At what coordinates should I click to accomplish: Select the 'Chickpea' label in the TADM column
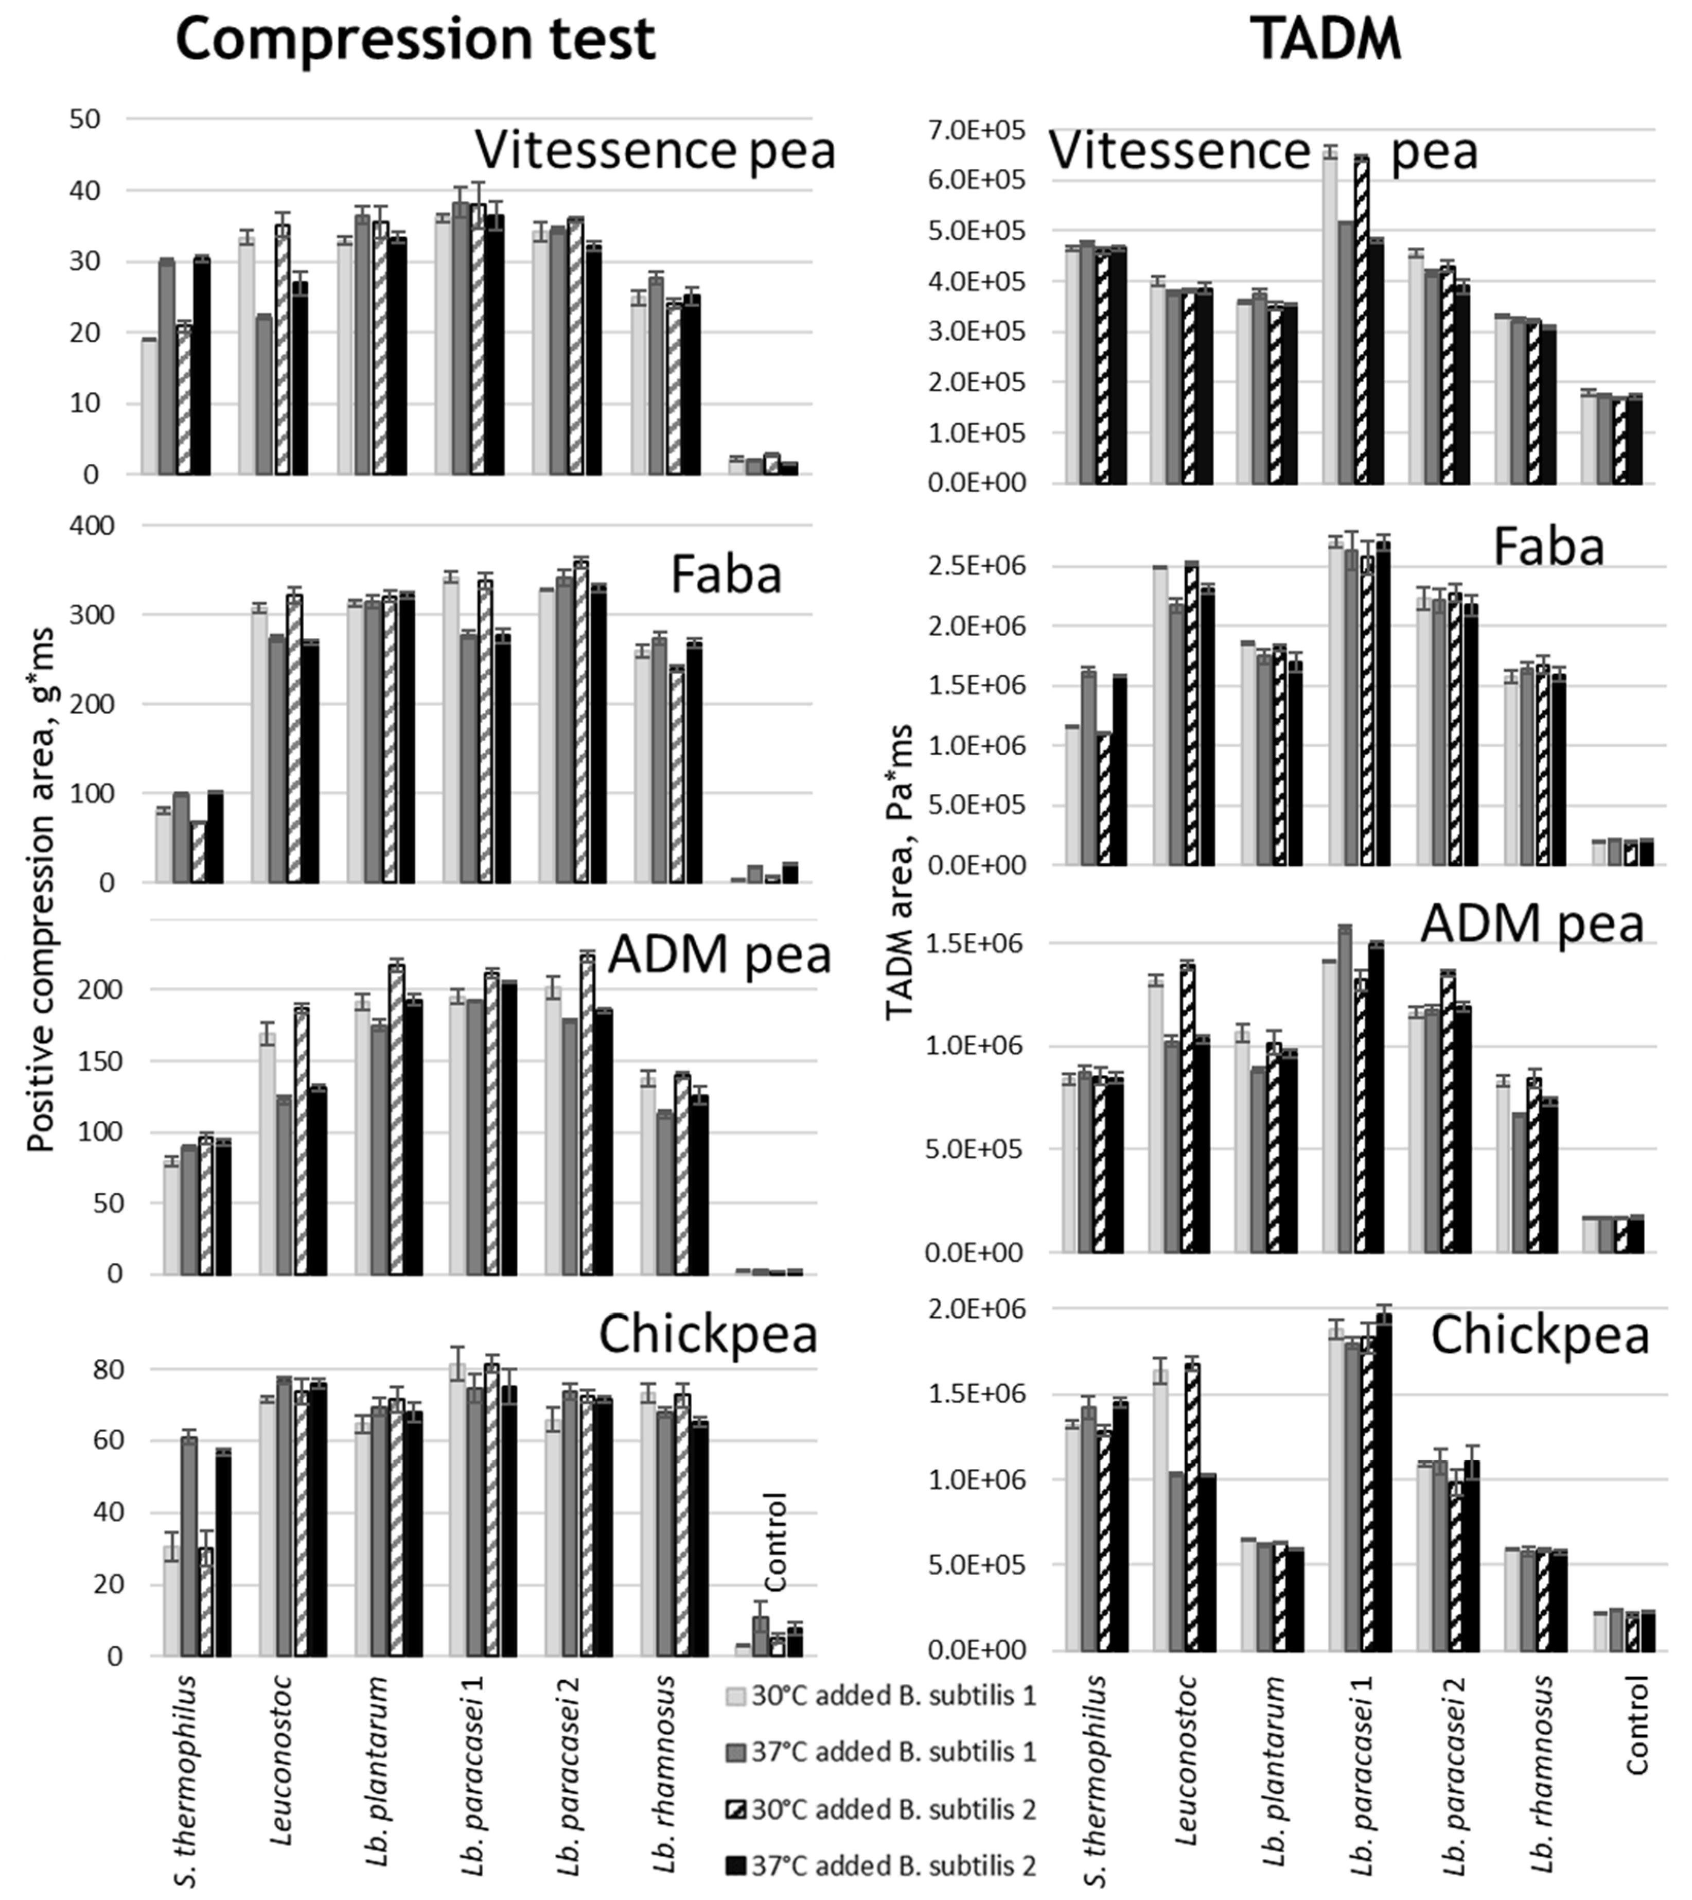pyautogui.click(x=1540, y=1335)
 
